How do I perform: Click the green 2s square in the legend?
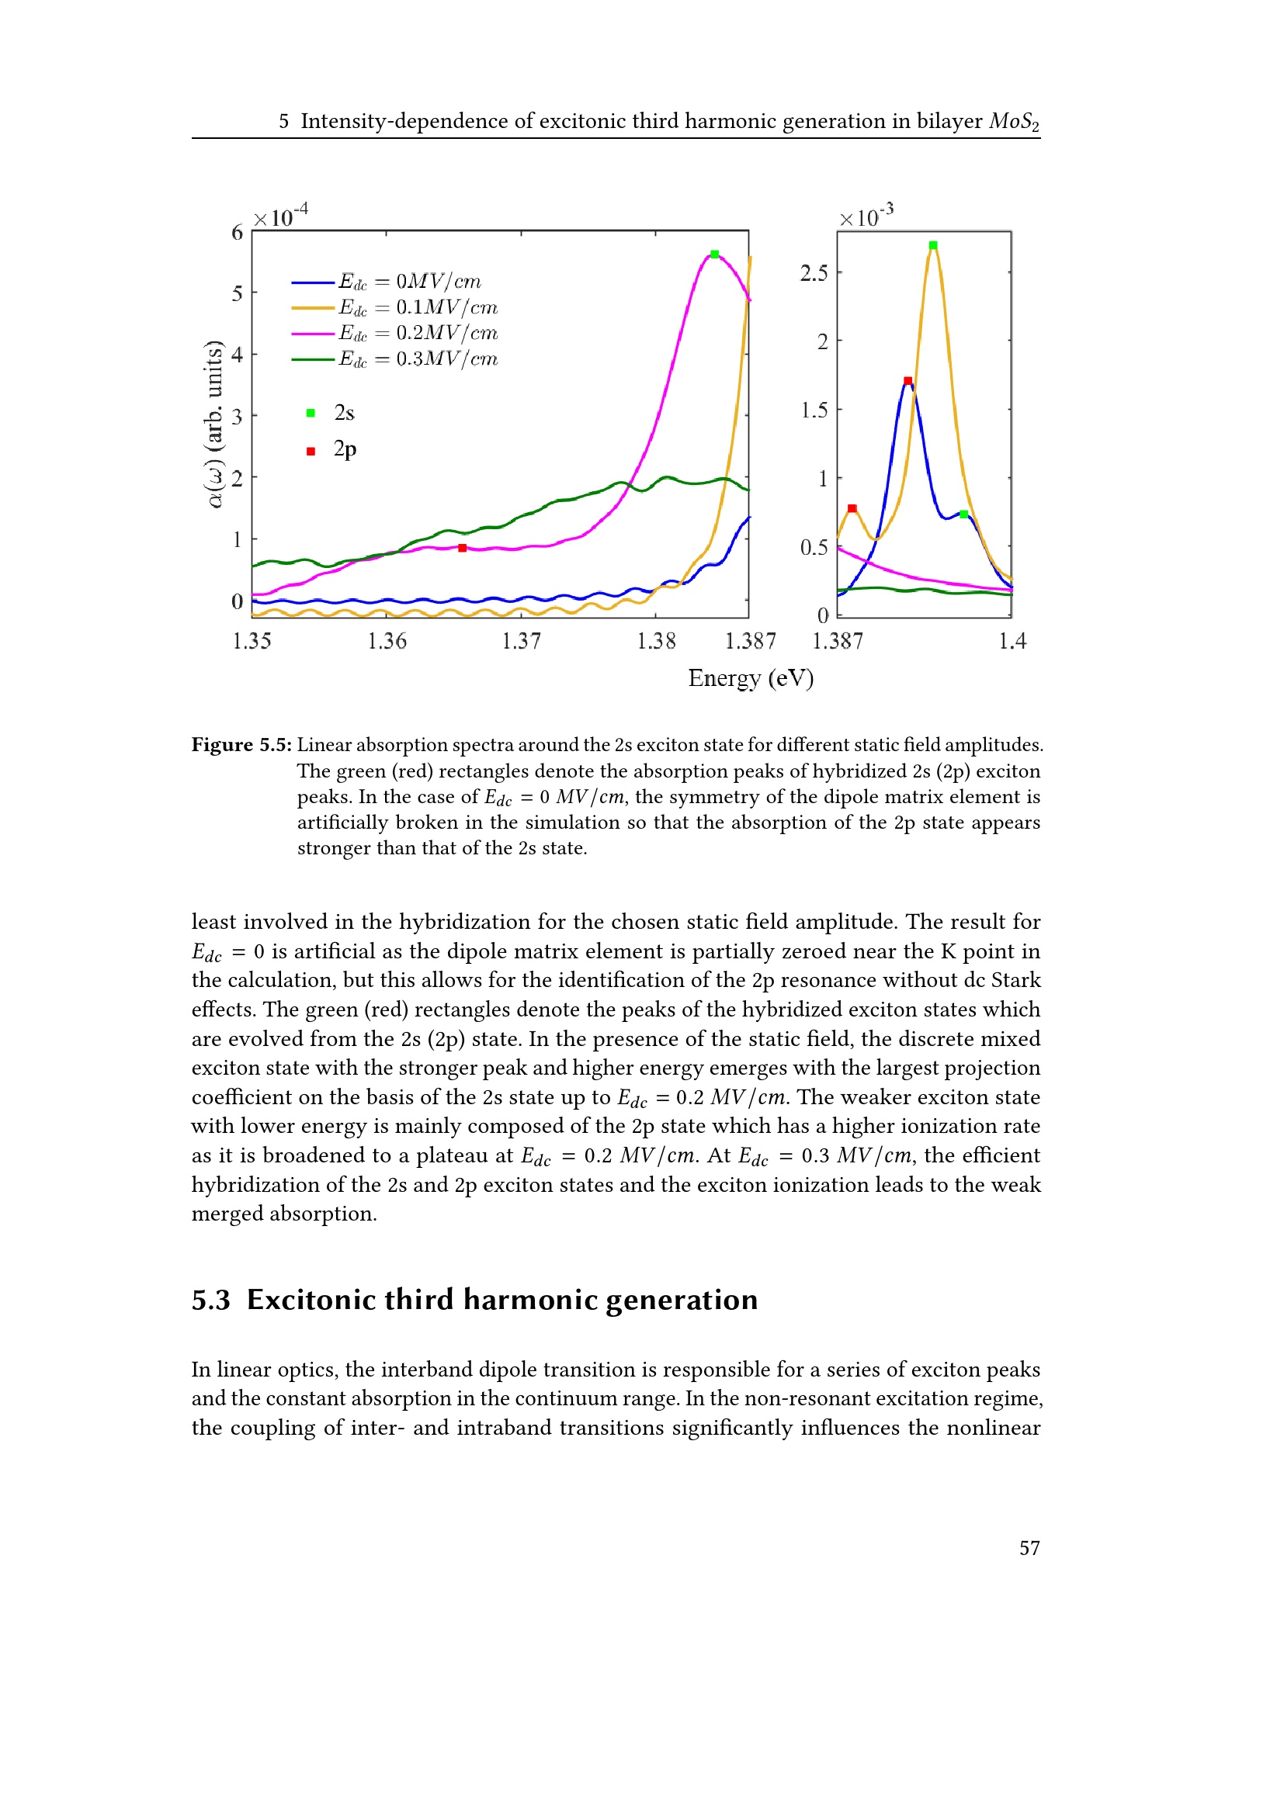(311, 413)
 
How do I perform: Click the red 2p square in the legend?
(311, 451)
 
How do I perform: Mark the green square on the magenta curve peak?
(715, 255)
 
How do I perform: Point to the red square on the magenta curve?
(463, 548)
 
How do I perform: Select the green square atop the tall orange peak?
(933, 246)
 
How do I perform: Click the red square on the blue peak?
(907, 381)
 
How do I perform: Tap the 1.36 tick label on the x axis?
(387, 641)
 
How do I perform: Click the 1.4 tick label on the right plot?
(1012, 641)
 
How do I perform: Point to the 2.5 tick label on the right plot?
(814, 273)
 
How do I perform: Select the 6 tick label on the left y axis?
(238, 233)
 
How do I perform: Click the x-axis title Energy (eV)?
(751, 678)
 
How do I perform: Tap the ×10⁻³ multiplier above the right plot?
(866, 216)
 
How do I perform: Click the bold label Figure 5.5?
(241, 745)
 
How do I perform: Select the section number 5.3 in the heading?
(210, 1300)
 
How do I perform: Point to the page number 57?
(1029, 1548)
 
